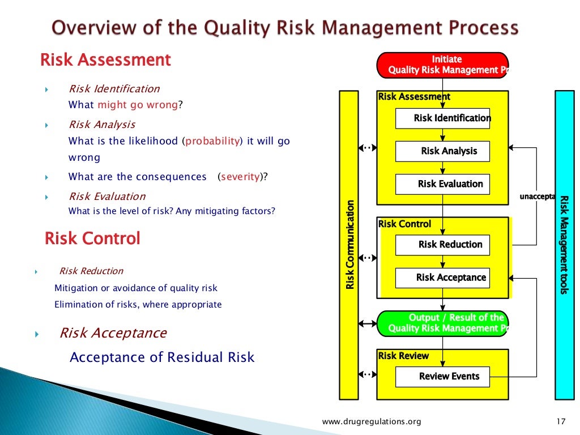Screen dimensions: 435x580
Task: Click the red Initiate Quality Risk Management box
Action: click(x=442, y=65)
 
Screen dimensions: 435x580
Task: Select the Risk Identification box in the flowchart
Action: click(x=442, y=118)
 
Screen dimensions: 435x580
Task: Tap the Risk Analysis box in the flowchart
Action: click(x=442, y=151)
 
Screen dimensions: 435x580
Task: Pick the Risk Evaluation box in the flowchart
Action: click(x=442, y=184)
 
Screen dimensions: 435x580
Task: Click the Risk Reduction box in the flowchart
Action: click(x=442, y=245)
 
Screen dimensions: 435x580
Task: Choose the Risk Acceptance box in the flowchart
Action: click(x=442, y=278)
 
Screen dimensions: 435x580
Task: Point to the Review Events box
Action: click(x=442, y=377)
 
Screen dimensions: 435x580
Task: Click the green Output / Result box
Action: click(x=442, y=323)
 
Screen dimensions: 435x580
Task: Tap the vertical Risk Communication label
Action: click(x=350, y=245)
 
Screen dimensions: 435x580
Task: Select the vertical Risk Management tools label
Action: click(x=564, y=245)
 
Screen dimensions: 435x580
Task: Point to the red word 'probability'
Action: click(x=213, y=142)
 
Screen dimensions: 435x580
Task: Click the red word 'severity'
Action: click(x=240, y=177)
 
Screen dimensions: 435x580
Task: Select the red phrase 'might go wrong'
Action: click(x=138, y=105)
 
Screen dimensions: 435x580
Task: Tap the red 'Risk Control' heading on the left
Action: click(x=92, y=238)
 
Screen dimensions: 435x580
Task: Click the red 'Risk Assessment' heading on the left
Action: click(x=105, y=60)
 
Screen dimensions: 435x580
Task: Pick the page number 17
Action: click(x=561, y=421)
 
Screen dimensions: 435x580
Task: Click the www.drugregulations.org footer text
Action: click(x=372, y=421)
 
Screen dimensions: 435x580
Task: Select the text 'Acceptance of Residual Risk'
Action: click(x=162, y=357)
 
